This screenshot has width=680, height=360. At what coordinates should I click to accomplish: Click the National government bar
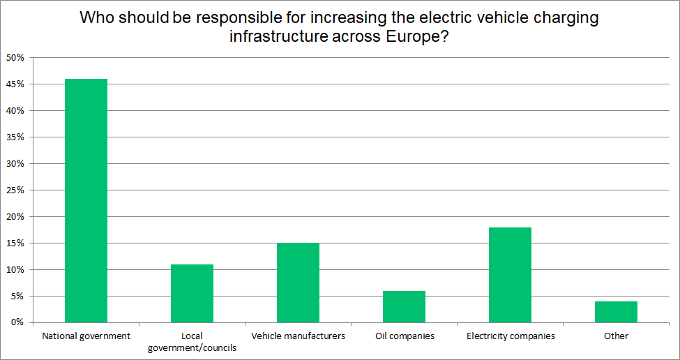tap(86, 201)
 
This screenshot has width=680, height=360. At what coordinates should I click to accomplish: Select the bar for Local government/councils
tap(192, 294)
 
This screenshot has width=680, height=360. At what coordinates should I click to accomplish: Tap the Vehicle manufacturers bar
tap(298, 283)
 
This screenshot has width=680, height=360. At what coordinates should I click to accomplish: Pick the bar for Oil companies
tap(404, 307)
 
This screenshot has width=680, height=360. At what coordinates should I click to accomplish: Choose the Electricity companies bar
tap(510, 275)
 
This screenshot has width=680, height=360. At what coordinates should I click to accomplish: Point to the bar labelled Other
tap(616, 312)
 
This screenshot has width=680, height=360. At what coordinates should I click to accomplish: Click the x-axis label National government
tap(86, 336)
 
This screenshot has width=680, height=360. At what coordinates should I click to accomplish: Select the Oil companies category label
tap(404, 336)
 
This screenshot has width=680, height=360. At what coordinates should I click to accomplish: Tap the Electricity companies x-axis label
tap(510, 336)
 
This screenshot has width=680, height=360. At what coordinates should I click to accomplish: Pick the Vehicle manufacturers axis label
tap(298, 336)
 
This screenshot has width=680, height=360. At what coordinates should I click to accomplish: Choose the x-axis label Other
tap(616, 336)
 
